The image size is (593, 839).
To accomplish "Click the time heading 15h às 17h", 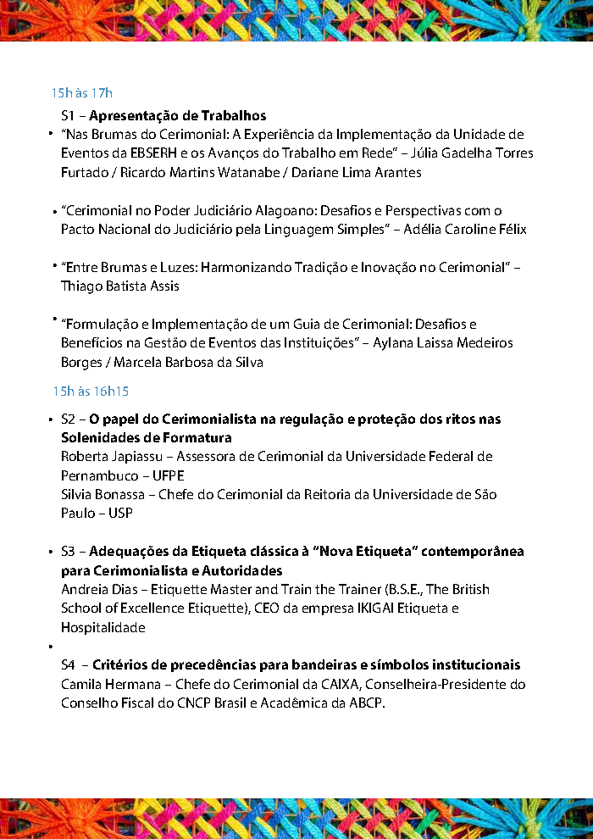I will (x=81, y=92).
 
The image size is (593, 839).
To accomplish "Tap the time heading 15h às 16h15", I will (x=90, y=391).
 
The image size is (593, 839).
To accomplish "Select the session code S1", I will (x=69, y=116).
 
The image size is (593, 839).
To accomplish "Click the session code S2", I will (x=69, y=419).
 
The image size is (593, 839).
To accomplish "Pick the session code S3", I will (x=69, y=552).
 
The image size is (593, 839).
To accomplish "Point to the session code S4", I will (x=69, y=665).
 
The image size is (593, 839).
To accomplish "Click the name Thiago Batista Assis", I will (x=119, y=286).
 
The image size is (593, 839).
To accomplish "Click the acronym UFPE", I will (x=168, y=475).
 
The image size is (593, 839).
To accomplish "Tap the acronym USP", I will (x=120, y=513).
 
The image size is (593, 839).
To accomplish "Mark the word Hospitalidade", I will (x=103, y=627).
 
